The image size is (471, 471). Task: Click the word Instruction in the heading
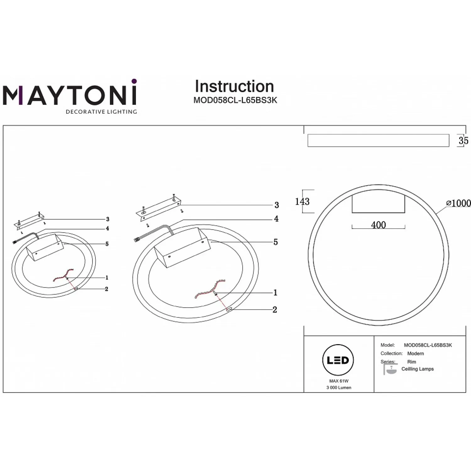pyautogui.click(x=234, y=86)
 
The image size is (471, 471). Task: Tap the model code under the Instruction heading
pyautogui.click(x=235, y=100)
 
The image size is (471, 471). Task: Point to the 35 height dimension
pyautogui.click(x=463, y=140)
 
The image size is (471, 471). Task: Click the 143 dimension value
pyautogui.click(x=302, y=201)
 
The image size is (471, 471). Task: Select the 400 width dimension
pyautogui.click(x=378, y=225)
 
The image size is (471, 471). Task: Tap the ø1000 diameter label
pyautogui.click(x=458, y=203)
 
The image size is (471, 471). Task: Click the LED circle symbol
pyautogui.click(x=338, y=360)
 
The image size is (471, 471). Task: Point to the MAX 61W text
pyautogui.click(x=339, y=381)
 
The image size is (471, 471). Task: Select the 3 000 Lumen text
pyautogui.click(x=339, y=387)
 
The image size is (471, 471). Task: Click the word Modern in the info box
pyautogui.click(x=415, y=354)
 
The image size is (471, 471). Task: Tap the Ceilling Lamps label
pyautogui.click(x=418, y=369)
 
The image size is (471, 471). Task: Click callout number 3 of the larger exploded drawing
pyautogui.click(x=276, y=205)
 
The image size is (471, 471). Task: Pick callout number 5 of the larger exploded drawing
pyautogui.click(x=275, y=242)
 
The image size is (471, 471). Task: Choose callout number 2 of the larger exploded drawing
pyautogui.click(x=275, y=310)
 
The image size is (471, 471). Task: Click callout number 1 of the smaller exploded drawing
pyautogui.click(x=107, y=278)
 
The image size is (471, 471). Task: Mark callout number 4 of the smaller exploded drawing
pyautogui.click(x=107, y=229)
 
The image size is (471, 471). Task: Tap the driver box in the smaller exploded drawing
pyautogui.click(x=45, y=247)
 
